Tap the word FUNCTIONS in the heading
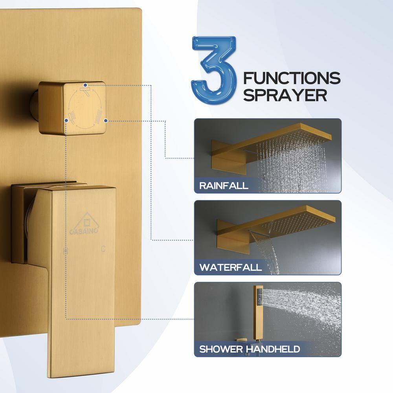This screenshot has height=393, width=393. point(292,78)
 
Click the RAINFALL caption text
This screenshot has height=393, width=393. point(224,185)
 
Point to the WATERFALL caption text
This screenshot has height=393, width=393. point(230,267)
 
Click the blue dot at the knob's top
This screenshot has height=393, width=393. point(86,85)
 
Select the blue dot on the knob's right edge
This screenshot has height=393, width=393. point(106,121)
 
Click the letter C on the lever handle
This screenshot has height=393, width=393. point(103,248)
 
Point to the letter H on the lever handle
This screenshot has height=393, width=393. point(66,250)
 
